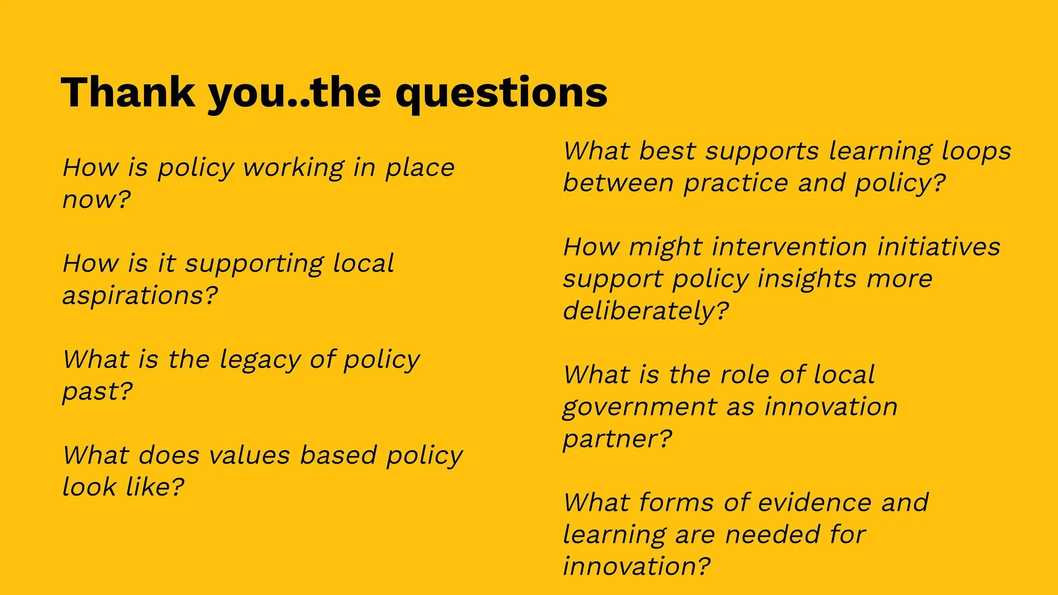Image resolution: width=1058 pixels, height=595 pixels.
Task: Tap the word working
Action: (x=294, y=168)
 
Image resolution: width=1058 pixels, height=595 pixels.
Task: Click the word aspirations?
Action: (x=140, y=295)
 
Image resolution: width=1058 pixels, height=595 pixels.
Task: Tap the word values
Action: (x=249, y=455)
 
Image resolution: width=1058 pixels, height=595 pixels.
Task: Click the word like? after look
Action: (x=155, y=487)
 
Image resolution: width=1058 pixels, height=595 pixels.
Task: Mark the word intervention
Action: (x=790, y=247)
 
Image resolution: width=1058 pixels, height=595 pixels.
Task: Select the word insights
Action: (x=807, y=279)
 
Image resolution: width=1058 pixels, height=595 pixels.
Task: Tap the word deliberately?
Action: (x=646, y=311)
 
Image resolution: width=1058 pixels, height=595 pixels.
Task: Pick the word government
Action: (x=639, y=407)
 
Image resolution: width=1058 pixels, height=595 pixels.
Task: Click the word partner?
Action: (x=617, y=439)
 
